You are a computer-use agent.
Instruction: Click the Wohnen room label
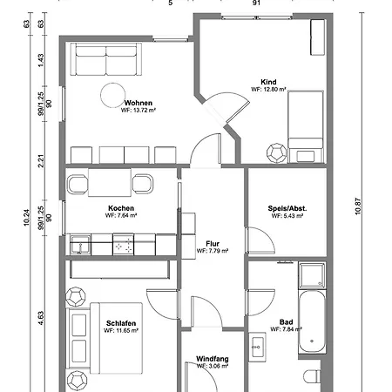(x=139, y=103)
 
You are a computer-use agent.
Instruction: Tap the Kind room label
(x=268, y=82)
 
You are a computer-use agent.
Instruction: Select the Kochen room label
(x=121, y=208)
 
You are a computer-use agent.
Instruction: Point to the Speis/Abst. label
(x=287, y=208)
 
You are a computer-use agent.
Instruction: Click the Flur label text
(x=213, y=244)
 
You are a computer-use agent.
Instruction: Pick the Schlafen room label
(x=121, y=323)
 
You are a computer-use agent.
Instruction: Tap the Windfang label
(x=213, y=359)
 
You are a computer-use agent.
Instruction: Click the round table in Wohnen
(x=112, y=95)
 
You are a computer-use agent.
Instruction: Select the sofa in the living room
(x=106, y=59)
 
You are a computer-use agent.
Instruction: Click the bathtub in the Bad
(x=312, y=321)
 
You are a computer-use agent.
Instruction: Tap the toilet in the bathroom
(x=312, y=376)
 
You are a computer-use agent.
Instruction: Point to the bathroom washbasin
(x=257, y=347)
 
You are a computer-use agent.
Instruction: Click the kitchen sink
(x=80, y=245)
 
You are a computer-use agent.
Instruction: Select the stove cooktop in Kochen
(x=124, y=244)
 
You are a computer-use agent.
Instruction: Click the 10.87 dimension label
(x=358, y=206)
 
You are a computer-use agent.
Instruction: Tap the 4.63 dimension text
(x=41, y=318)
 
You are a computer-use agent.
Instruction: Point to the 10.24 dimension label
(x=26, y=218)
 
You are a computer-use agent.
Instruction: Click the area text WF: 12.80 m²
(x=268, y=89)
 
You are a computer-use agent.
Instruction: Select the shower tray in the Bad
(x=312, y=275)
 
